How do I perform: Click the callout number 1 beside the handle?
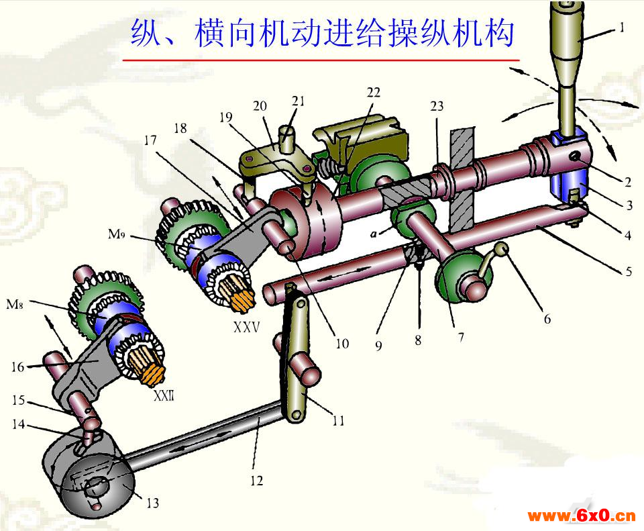622,28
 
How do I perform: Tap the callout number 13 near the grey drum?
152,503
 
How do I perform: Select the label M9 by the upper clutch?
116,234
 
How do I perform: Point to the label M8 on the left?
15,304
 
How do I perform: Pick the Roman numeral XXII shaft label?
164,396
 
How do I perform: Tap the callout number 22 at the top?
373,93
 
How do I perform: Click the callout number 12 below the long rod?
256,481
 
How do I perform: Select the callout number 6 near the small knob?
547,318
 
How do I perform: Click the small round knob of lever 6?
502,248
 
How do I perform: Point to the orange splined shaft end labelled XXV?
243,295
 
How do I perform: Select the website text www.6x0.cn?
582,516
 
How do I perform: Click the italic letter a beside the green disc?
374,234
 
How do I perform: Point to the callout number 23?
437,107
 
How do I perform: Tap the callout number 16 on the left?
17,367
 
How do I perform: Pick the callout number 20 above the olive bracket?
260,106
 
